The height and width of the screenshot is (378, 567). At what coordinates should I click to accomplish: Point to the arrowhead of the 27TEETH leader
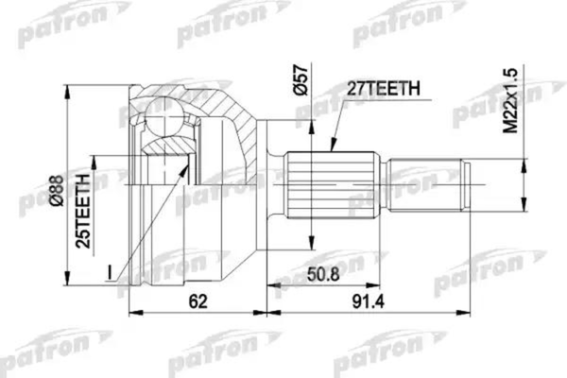click(x=333, y=148)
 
